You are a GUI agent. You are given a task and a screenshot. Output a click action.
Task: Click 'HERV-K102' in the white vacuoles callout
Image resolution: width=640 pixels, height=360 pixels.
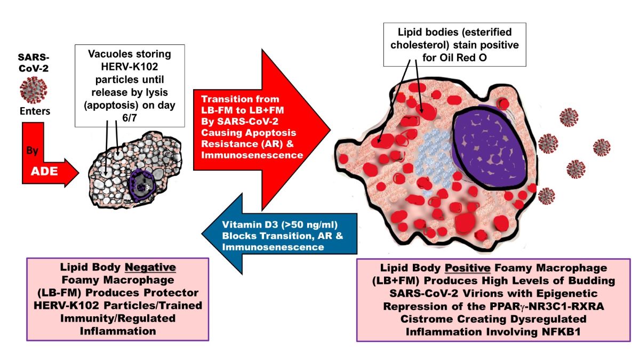(116, 66)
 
